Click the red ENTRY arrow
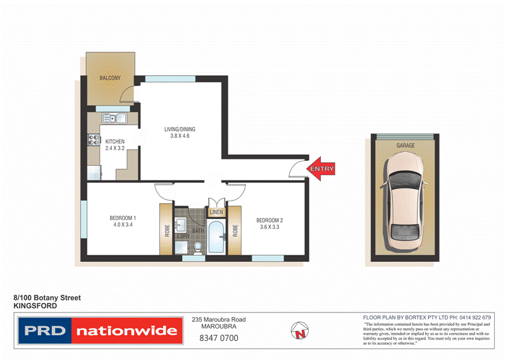click(x=320, y=169)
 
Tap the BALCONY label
click(x=110, y=78)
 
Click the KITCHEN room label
click(x=114, y=141)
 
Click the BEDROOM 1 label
click(x=123, y=220)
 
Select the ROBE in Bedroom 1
click(x=166, y=230)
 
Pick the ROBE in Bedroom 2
click(x=234, y=230)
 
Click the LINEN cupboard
click(x=216, y=212)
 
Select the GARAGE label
click(x=405, y=146)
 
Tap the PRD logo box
click(x=44, y=331)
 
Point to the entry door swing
click(x=295, y=168)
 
